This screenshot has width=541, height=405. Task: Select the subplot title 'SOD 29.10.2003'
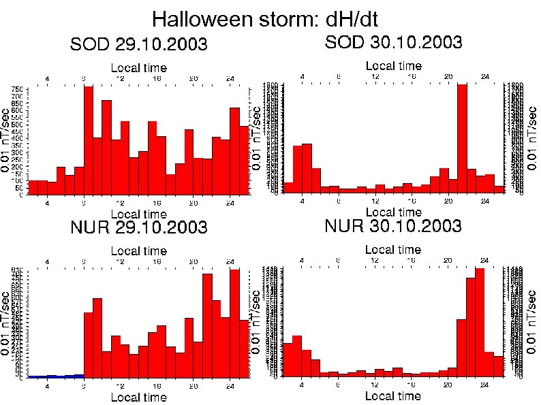[139, 45]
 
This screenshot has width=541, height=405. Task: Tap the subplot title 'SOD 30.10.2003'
[394, 42]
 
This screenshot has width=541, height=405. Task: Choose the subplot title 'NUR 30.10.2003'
[394, 225]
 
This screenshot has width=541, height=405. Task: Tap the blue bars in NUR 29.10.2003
[55, 375]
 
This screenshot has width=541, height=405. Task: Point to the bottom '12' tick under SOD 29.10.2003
[121, 203]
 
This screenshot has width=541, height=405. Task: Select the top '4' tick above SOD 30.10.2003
[302, 76]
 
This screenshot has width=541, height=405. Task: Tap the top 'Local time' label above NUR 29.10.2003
[138, 251]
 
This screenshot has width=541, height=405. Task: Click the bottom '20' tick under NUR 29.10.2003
[194, 387]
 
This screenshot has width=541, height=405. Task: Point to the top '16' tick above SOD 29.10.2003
[157, 79]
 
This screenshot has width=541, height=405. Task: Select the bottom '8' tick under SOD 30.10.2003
[339, 201]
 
